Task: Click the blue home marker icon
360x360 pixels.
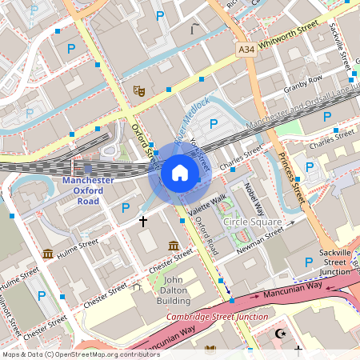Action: click(x=179, y=174)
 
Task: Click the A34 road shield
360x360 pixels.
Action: click(x=247, y=50)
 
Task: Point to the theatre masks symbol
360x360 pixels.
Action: click(x=138, y=91)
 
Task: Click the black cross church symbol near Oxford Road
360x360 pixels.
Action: click(x=143, y=220)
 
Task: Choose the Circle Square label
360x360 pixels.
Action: click(x=252, y=222)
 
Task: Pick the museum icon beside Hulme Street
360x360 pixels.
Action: click(x=48, y=254)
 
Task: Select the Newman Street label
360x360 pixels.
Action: click(x=262, y=238)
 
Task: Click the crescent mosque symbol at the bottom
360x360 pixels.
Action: click(x=280, y=334)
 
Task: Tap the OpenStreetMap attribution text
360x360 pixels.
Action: click(x=81, y=354)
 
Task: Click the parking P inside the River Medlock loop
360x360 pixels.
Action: click(x=214, y=123)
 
